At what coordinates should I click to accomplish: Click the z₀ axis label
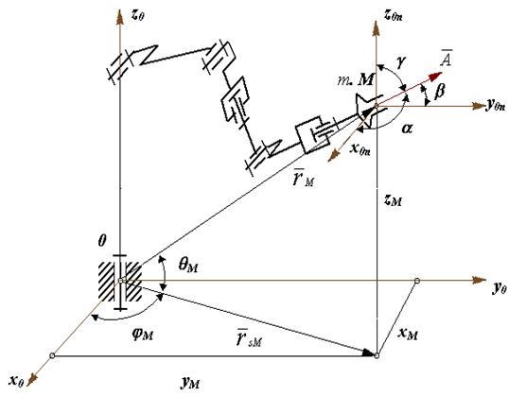(x=137, y=16)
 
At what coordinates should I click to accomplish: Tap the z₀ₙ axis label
(x=393, y=15)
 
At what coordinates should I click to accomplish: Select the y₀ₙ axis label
(x=496, y=105)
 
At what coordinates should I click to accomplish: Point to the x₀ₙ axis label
(x=360, y=149)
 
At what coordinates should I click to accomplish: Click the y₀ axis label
(x=500, y=287)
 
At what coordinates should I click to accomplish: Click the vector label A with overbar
(x=447, y=59)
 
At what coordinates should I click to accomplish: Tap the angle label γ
(x=401, y=61)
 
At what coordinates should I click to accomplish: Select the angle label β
(x=439, y=92)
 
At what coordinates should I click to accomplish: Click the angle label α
(x=407, y=129)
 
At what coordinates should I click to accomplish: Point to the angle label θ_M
(x=188, y=266)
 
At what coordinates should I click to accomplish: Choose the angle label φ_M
(x=143, y=334)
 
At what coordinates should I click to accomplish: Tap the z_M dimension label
(x=393, y=201)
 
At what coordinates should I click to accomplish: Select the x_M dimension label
(x=408, y=334)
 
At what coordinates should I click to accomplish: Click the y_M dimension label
(x=190, y=384)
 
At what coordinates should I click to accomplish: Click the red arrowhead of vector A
(x=435, y=77)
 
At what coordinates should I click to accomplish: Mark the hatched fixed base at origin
(x=120, y=282)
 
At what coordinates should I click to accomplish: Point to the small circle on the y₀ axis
(x=417, y=281)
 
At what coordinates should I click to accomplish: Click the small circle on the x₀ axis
(x=52, y=355)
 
